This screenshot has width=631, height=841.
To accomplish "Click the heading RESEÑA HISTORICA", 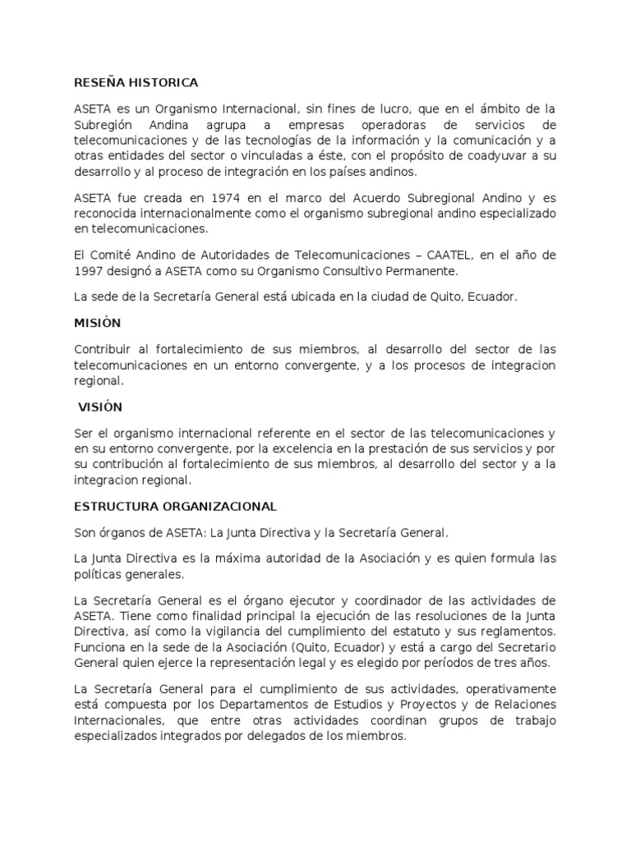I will click(136, 83).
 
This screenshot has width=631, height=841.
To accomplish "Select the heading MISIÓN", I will click(97, 324).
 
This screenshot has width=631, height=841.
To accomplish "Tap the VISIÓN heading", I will click(99, 407).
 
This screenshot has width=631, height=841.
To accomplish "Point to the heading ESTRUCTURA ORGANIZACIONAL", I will click(175, 507).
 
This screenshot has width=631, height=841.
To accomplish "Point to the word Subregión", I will click(105, 125).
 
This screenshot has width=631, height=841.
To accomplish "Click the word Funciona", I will click(100, 647).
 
